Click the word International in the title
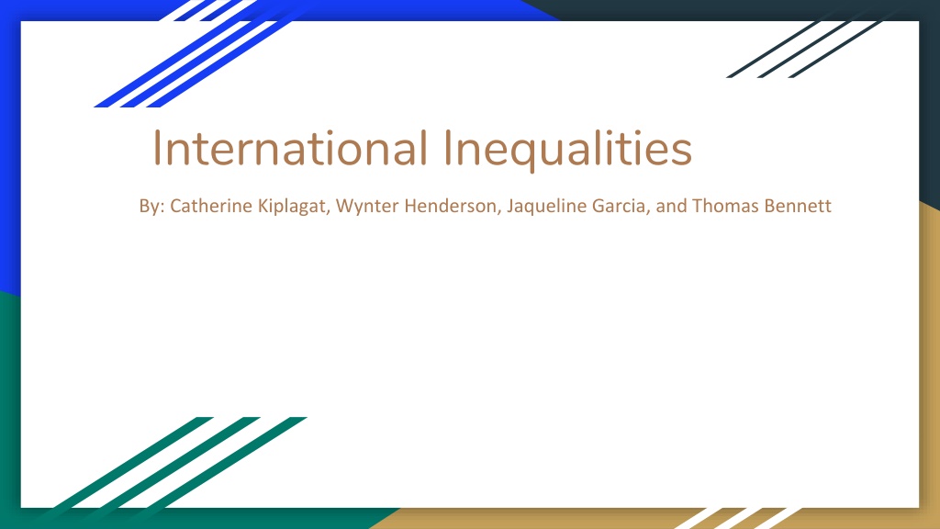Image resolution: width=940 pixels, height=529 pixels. coord(290,148)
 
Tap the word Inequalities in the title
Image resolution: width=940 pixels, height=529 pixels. coord(567,150)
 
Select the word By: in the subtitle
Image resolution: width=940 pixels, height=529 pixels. coord(151,207)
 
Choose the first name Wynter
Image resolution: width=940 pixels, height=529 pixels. coord(367,207)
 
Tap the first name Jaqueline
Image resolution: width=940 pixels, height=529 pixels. coord(547,207)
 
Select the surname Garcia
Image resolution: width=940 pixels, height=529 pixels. coord(621,207)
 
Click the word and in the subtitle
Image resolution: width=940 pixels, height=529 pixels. coord(671,206)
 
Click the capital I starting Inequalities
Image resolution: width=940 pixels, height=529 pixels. coord(448,148)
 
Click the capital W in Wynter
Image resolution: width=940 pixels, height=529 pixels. coord(344,206)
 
